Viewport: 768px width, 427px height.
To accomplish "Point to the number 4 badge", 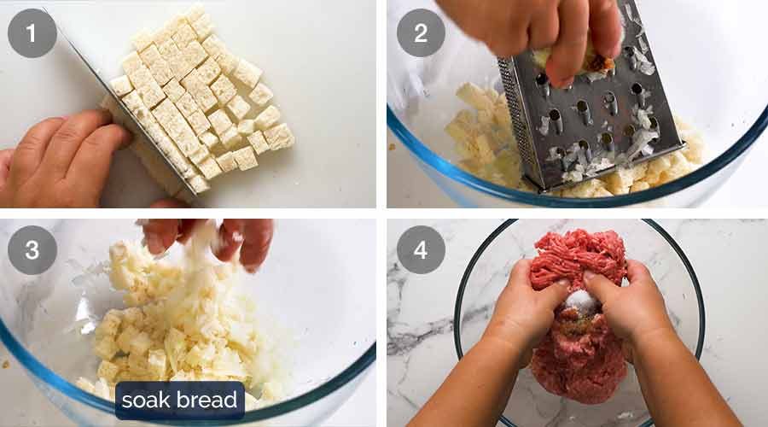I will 421,249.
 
